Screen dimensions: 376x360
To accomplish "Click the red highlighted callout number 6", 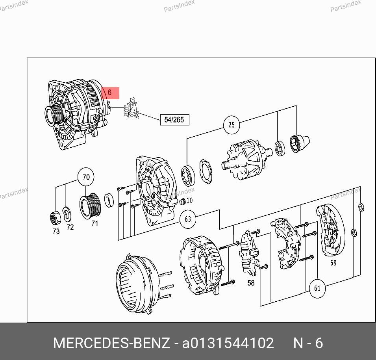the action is point(110,93).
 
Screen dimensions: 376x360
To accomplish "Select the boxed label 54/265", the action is point(174,120).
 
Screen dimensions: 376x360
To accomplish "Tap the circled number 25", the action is point(232,125).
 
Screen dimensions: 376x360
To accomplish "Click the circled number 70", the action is point(86,177).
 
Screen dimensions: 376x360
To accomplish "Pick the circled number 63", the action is point(188,219).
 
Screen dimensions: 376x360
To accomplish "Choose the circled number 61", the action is point(317,288).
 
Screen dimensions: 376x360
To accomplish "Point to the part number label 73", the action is point(56,232).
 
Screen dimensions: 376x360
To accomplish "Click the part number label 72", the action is point(70,227).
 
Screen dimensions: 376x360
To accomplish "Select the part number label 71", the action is point(95,224).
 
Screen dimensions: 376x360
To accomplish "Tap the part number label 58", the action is point(251,283).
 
